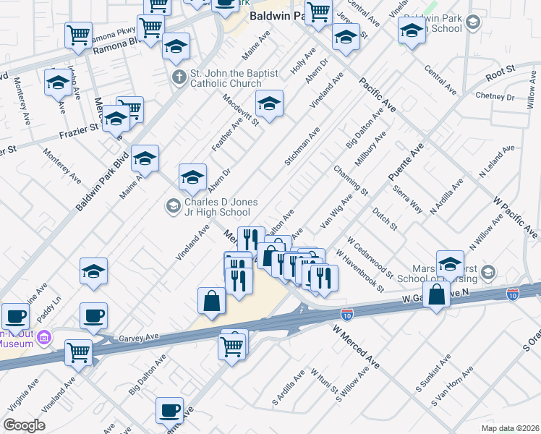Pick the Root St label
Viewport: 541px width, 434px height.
499,72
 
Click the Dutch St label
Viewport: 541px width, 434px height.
385,219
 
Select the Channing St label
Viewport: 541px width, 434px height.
351,181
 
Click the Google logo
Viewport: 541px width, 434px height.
24,425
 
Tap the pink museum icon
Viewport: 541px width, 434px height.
43,337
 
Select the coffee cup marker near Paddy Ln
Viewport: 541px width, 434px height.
93,316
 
